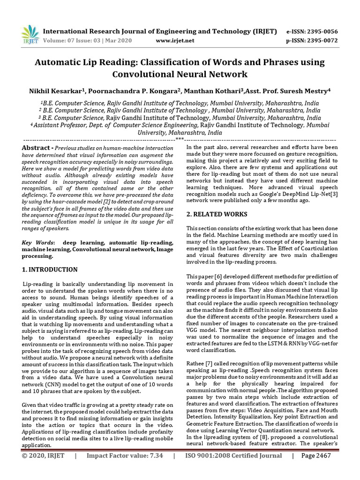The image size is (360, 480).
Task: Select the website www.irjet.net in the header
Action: [x=174, y=41]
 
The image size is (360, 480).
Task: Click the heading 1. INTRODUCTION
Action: [x=50, y=270]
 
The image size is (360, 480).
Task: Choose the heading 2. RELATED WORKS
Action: [x=210, y=214]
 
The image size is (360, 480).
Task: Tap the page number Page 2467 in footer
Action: [x=316, y=456]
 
